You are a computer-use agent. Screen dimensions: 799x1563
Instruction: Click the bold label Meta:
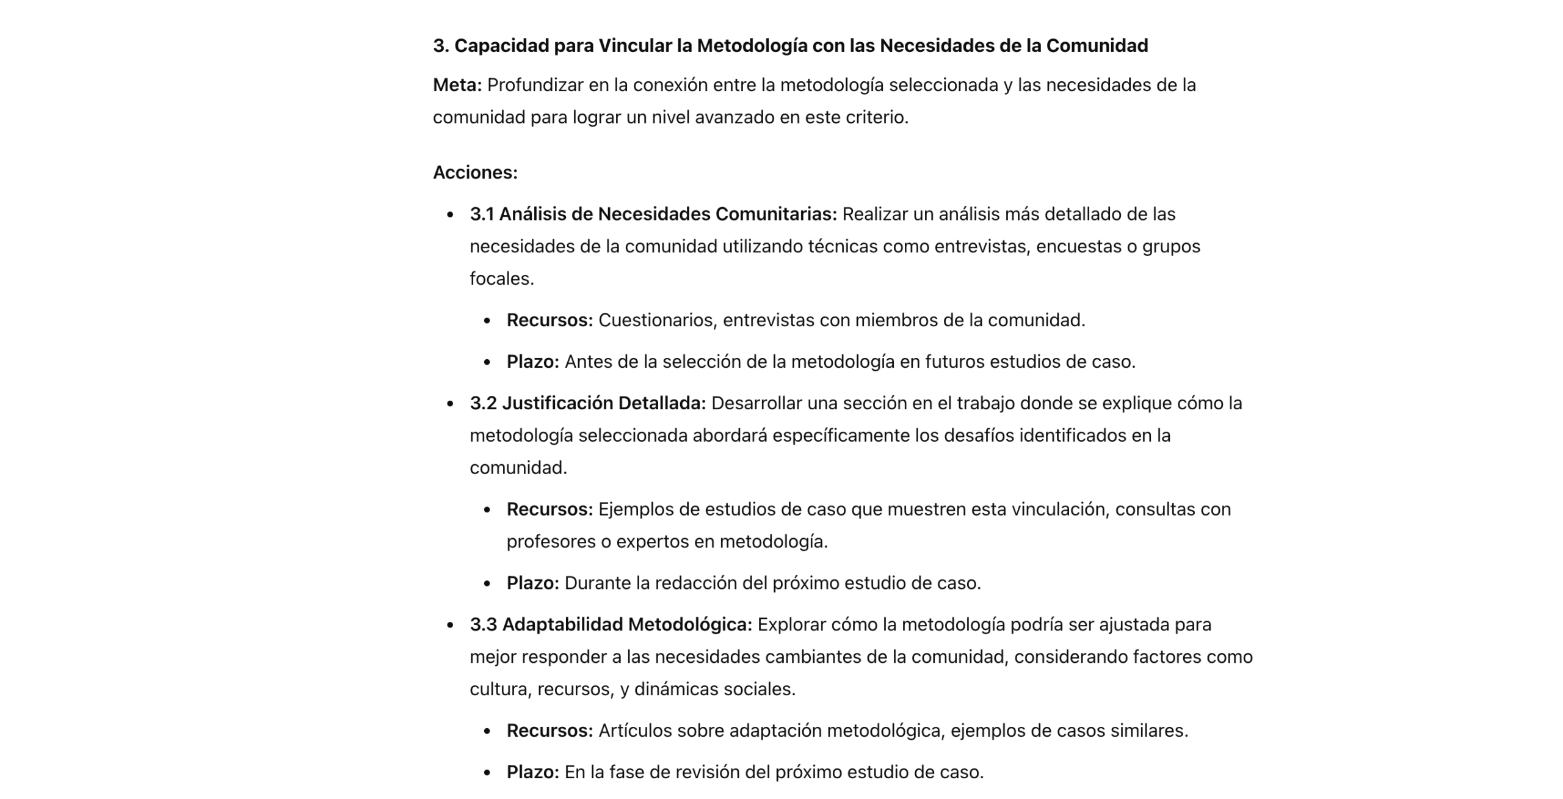(x=457, y=85)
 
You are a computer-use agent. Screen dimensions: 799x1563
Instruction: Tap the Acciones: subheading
(x=475, y=173)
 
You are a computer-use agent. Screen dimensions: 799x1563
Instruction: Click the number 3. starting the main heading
(x=441, y=46)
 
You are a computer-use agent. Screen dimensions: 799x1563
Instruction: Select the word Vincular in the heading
(x=635, y=46)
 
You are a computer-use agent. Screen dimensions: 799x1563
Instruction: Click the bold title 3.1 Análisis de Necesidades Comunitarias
(x=653, y=214)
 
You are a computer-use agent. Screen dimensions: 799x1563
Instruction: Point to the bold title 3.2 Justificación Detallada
(x=587, y=403)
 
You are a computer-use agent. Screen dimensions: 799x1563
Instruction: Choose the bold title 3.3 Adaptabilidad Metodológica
(x=611, y=625)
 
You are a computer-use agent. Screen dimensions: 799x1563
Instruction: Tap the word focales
(x=501, y=279)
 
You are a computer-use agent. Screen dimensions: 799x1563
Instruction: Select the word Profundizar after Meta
(x=535, y=85)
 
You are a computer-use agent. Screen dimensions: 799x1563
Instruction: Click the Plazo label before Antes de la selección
(x=532, y=362)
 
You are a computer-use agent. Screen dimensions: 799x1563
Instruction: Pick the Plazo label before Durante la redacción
(x=532, y=583)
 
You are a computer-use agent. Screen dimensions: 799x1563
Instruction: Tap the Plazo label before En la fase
(x=532, y=772)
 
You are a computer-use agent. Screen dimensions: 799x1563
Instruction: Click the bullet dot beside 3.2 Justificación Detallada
(x=451, y=404)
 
